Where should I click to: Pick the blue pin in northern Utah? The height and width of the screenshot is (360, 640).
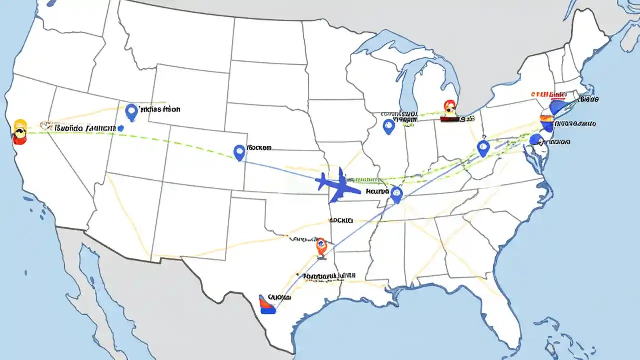(131, 112)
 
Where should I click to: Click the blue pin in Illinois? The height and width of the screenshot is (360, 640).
(388, 126)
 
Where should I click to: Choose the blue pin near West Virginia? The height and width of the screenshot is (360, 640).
(483, 148)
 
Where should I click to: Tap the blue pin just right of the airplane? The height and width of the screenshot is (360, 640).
(396, 194)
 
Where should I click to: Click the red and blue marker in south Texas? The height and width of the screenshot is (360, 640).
(268, 304)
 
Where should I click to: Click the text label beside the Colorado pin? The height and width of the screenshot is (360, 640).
(259, 148)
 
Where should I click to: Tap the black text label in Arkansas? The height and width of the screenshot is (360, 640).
(341, 220)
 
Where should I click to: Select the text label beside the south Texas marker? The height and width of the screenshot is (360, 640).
(279, 297)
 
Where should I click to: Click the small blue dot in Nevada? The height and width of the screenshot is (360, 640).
(120, 128)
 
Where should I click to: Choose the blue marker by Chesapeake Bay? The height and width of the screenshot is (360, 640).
(536, 140)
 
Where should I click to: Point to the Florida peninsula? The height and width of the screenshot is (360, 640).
(505, 320)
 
